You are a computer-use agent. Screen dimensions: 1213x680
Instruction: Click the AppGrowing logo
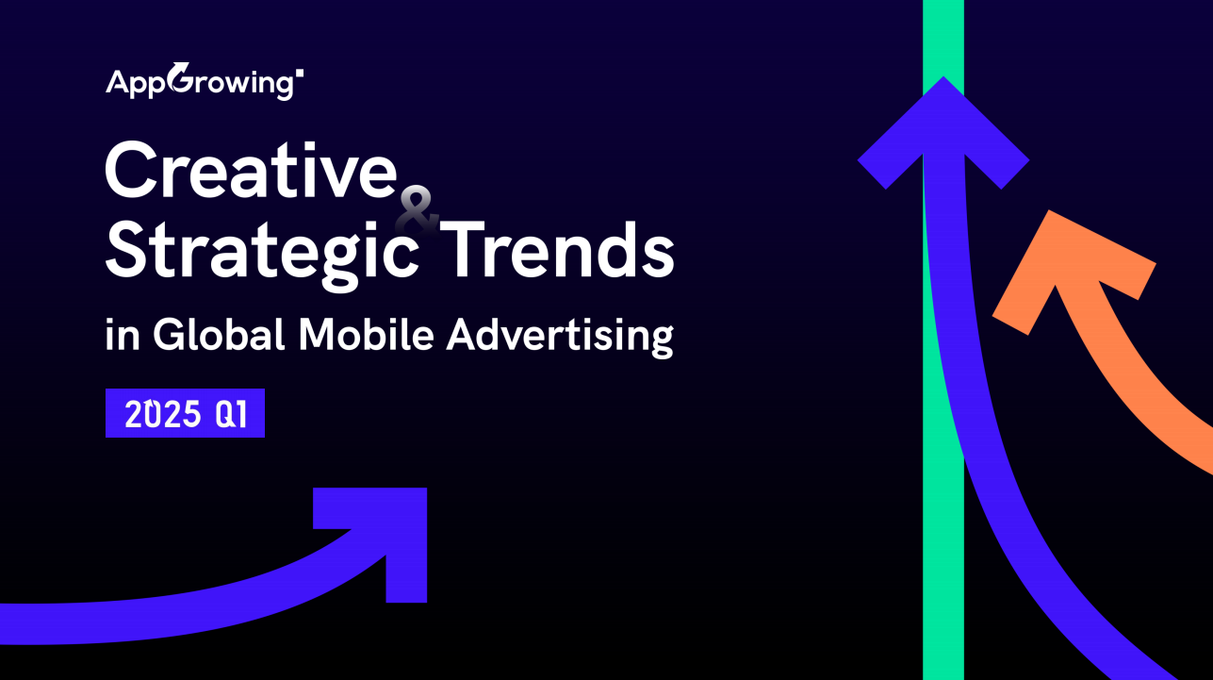coord(205,81)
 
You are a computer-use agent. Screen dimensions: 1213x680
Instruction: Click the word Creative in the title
coord(252,170)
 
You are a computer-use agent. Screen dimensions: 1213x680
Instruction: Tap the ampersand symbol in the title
coord(417,210)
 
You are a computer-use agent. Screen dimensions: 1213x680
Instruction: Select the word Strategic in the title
coord(262,255)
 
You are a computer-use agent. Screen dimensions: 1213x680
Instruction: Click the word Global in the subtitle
coord(219,334)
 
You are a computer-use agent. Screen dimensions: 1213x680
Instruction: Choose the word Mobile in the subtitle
coord(367,334)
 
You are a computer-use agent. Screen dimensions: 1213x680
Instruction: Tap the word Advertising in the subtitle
coord(561,337)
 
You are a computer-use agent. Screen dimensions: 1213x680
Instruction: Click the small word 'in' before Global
coord(123,335)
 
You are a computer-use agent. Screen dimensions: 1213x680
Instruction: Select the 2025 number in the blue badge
coord(162,414)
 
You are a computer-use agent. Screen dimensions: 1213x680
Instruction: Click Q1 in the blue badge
coord(231,414)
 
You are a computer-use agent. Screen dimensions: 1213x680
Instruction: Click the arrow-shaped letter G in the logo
coord(180,77)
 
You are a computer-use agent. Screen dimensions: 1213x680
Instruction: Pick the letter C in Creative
coord(127,170)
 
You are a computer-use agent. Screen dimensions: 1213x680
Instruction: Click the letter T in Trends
coord(465,250)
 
